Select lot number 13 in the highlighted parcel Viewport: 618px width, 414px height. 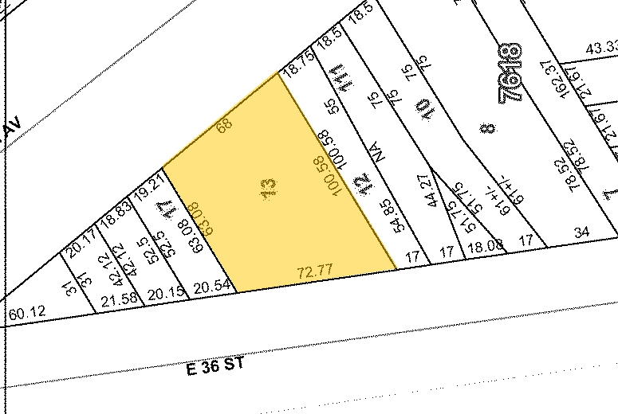tap(269, 189)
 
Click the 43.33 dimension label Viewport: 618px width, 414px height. tap(601, 49)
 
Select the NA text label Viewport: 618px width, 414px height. tap(378, 151)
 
